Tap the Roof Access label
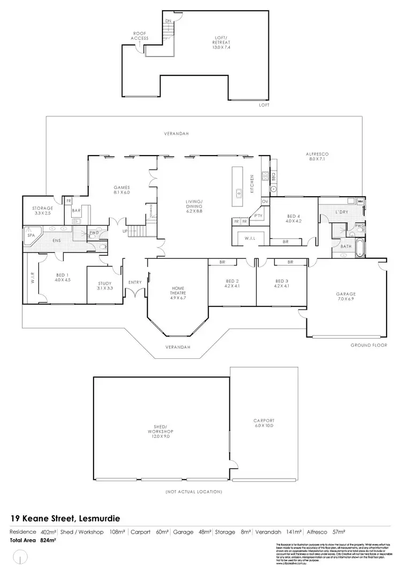point(140,36)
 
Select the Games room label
point(122,189)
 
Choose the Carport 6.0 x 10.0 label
point(264,423)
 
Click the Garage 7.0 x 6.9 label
point(346,297)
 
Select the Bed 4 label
point(294,218)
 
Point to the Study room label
point(105,286)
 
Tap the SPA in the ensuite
point(30,236)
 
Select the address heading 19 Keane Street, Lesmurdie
point(65,518)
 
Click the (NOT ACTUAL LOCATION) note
point(194,492)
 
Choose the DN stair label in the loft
point(168,21)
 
